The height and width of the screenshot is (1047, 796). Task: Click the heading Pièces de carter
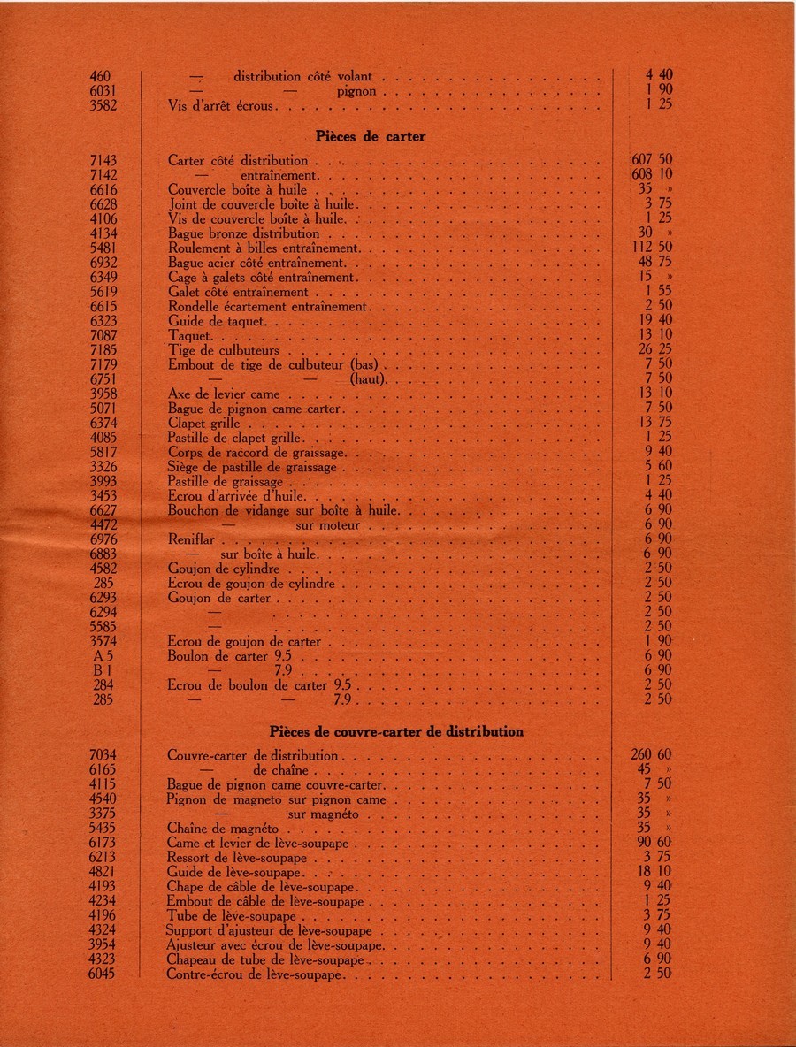(371, 137)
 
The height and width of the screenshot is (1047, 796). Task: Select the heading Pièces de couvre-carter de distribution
(396, 732)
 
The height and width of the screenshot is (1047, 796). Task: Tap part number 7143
(103, 161)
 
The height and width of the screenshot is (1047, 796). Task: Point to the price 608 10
(653, 175)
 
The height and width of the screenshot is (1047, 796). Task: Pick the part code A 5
(104, 656)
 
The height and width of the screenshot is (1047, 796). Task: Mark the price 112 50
(653, 248)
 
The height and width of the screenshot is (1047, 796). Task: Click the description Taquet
(190, 336)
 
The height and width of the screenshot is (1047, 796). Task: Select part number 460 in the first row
(100, 77)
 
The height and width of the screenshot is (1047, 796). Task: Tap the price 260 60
(652, 756)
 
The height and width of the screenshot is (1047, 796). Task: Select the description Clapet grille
(203, 424)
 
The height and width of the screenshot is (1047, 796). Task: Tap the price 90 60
(654, 843)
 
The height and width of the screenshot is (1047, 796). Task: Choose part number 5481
(103, 248)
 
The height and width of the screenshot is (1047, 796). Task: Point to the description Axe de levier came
(224, 394)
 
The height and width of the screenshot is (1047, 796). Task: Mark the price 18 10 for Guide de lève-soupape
(654, 872)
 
